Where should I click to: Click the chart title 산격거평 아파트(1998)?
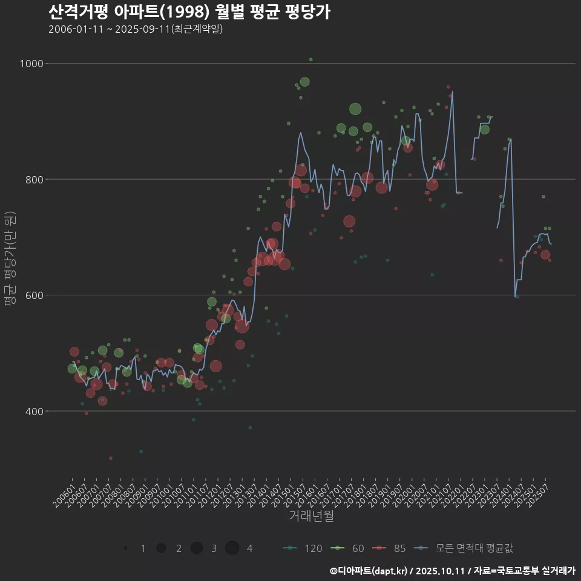click(x=189, y=11)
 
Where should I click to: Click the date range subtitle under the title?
click(x=136, y=29)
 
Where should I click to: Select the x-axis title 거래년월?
click(x=311, y=516)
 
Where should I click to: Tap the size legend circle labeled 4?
click(x=232, y=548)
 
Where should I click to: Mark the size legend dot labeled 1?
click(x=126, y=548)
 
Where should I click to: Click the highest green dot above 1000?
click(x=311, y=59)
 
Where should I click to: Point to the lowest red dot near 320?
click(x=110, y=458)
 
